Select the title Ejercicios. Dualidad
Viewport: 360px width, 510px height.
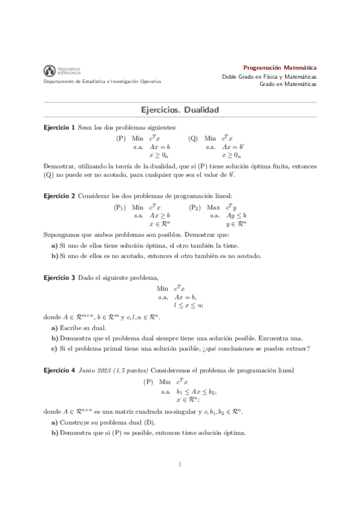pyautogui.click(x=179, y=111)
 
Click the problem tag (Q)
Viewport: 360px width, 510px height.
pyautogui.click(x=193, y=138)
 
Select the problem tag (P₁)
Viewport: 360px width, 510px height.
pyautogui.click(x=120, y=207)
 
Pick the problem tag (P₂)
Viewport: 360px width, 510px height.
pyautogui.click(x=195, y=207)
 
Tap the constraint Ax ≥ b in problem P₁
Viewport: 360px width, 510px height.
pyautogui.click(x=160, y=215)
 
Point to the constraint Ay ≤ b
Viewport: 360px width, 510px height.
pyautogui.click(x=237, y=215)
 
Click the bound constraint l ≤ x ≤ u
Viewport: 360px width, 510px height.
pyautogui.click(x=188, y=305)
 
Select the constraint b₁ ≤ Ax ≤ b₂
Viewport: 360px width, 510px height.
pyautogui.click(x=195, y=391)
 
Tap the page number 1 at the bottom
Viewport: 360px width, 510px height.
pyautogui.click(x=180, y=464)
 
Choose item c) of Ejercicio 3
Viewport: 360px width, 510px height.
pyautogui.click(x=180, y=348)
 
